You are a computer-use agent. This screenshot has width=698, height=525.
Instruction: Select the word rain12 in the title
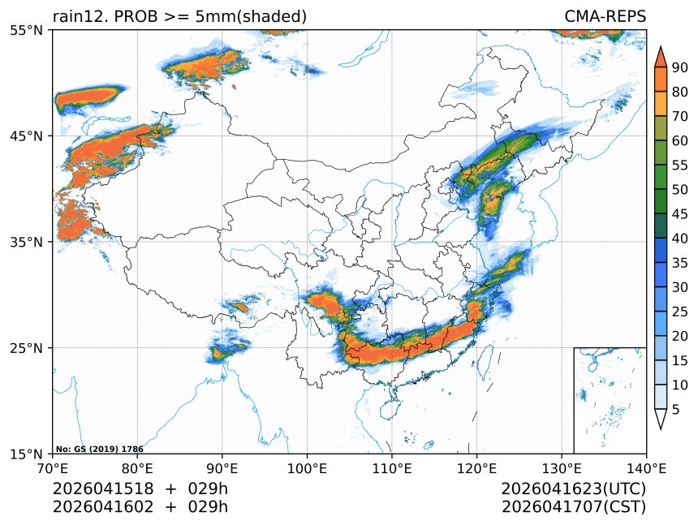(x=75, y=16)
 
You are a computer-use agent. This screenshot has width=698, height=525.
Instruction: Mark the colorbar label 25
(x=679, y=312)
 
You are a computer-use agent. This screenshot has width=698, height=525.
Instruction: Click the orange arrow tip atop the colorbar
(x=661, y=54)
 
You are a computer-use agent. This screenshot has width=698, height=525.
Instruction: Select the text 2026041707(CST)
(x=573, y=507)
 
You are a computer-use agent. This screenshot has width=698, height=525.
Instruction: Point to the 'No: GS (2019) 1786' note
(x=99, y=449)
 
